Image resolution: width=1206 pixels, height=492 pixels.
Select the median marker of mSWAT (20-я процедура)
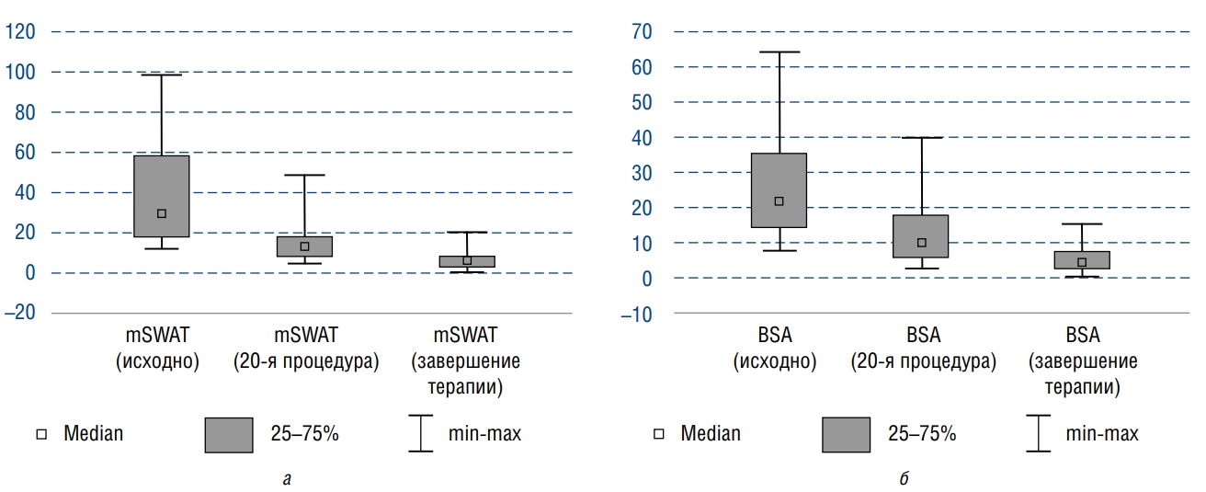(x=304, y=246)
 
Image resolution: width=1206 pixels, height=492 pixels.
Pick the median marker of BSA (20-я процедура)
(x=921, y=243)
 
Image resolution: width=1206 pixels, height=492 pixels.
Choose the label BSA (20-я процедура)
(x=922, y=348)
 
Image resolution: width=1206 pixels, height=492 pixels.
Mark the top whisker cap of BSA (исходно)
(x=779, y=52)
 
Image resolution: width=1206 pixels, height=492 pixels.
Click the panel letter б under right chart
(x=905, y=477)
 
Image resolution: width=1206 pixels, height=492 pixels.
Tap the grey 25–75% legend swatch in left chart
(x=229, y=434)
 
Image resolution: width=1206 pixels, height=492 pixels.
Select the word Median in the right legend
(x=711, y=434)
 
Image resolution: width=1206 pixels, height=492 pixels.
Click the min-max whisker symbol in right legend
(x=1038, y=434)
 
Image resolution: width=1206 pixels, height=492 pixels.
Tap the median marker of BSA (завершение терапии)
(x=1082, y=262)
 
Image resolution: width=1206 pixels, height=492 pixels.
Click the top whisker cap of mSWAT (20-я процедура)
(x=304, y=175)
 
